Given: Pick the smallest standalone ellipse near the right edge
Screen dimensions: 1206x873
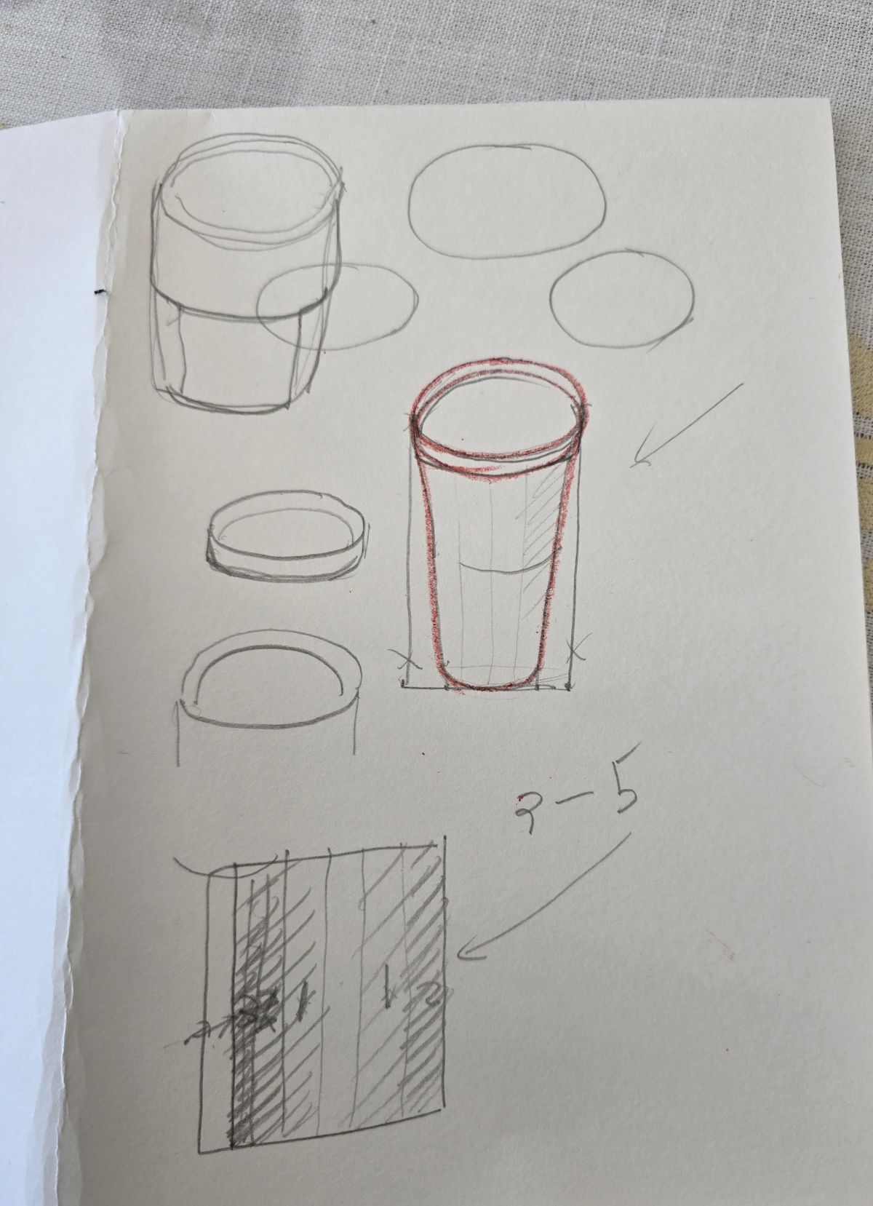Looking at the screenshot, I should pyautogui.click(x=622, y=298).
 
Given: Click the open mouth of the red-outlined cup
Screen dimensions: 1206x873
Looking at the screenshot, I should pyautogui.click(x=498, y=415).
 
